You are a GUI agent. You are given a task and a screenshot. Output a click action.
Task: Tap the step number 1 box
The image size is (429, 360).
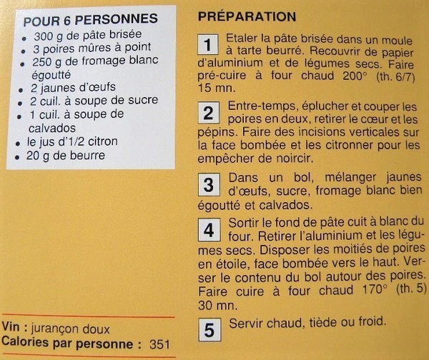(x=207, y=45)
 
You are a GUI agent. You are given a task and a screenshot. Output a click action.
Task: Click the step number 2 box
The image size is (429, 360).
(x=207, y=113)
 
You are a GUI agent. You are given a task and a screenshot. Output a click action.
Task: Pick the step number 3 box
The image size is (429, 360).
(x=207, y=186)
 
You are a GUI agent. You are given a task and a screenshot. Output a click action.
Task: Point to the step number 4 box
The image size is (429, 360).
(x=207, y=230)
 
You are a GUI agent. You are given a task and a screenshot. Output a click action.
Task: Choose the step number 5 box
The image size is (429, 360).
(x=207, y=330)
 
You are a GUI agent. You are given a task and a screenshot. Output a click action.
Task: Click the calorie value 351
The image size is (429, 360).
(x=160, y=344)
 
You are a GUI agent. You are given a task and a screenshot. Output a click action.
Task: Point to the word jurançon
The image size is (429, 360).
(x=60, y=329)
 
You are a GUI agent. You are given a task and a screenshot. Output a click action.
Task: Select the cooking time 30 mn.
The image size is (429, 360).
(x=212, y=304)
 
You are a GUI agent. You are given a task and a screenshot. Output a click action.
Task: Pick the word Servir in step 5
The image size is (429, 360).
(x=245, y=321)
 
